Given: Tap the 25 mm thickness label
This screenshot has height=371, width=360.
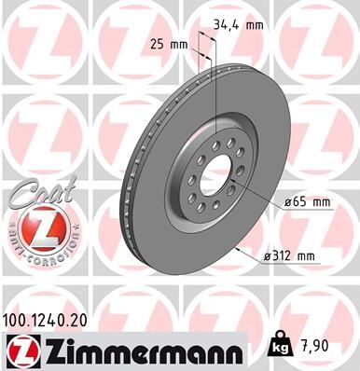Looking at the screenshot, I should pyautogui.click(x=169, y=44).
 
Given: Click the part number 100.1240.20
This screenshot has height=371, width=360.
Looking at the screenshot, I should pyautogui.click(x=52, y=318).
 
